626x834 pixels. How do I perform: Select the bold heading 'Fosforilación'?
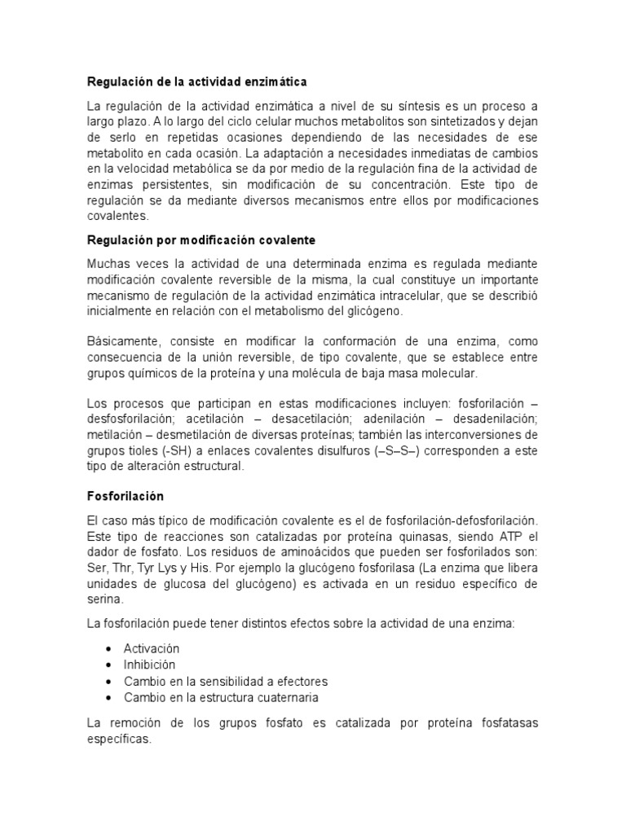(x=126, y=496)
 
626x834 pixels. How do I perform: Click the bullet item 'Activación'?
(x=152, y=648)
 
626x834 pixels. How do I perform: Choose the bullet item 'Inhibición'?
(x=150, y=665)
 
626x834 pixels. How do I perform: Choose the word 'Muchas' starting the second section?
(x=108, y=264)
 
